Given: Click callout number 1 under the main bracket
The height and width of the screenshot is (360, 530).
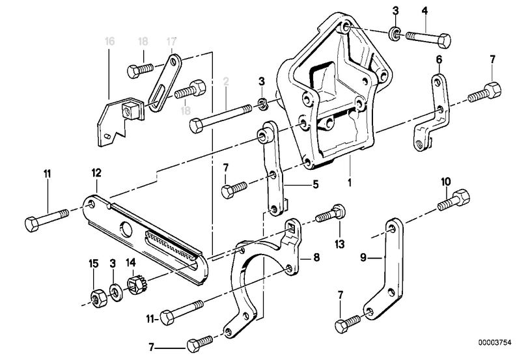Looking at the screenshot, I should pyautogui.click(x=350, y=183).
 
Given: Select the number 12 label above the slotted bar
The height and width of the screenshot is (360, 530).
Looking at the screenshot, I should pyautogui.click(x=96, y=173).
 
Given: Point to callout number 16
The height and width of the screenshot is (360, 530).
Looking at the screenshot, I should pyautogui.click(x=109, y=42).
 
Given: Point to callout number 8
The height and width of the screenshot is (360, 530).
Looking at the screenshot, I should pyautogui.click(x=316, y=258).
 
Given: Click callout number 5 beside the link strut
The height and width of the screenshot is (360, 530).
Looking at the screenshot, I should pyautogui.click(x=315, y=184).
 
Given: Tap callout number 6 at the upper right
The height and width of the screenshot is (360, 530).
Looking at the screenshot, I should pyautogui.click(x=439, y=60).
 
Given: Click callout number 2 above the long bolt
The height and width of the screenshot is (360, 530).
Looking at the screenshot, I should pyautogui.click(x=226, y=82).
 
